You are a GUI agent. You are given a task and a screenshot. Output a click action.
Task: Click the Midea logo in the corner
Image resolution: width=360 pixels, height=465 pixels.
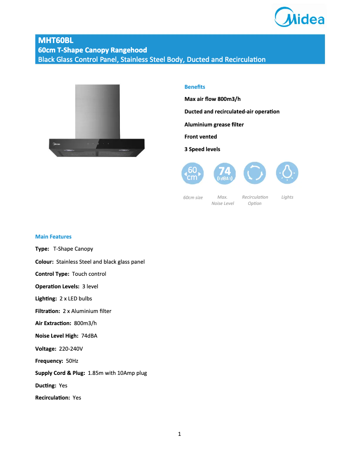coord(299,17)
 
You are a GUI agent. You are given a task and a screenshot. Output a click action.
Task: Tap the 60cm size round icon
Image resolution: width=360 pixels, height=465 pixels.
coord(193,173)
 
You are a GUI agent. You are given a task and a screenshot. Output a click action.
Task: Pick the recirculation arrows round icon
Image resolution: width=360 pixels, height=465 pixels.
coord(255,173)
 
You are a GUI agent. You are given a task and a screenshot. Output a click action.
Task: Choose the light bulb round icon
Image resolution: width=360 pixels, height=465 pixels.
coord(287,173)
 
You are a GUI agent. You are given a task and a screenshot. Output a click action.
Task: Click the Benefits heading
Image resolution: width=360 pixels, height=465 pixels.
coord(195,87)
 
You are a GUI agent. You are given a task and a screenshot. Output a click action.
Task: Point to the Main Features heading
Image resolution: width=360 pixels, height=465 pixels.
coord(53,236)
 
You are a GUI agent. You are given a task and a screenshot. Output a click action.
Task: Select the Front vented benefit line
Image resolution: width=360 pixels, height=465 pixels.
coord(201,137)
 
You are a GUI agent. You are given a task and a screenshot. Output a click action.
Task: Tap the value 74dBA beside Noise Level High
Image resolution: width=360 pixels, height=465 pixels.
coord(89,335)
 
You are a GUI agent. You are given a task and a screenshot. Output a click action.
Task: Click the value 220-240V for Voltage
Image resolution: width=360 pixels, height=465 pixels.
coord(71,348)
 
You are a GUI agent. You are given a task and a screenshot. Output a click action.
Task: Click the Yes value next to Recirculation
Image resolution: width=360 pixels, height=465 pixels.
coord(77,398)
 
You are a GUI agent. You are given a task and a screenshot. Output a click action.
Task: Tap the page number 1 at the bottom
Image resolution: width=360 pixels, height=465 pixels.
coord(180,434)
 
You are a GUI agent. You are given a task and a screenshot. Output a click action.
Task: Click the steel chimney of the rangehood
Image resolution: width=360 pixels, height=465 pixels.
coord(97,110)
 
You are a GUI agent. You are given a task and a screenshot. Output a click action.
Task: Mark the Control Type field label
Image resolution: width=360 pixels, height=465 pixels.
coord(52,274)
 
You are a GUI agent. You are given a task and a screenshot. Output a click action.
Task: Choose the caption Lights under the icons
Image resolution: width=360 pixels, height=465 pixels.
coord(287,197)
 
